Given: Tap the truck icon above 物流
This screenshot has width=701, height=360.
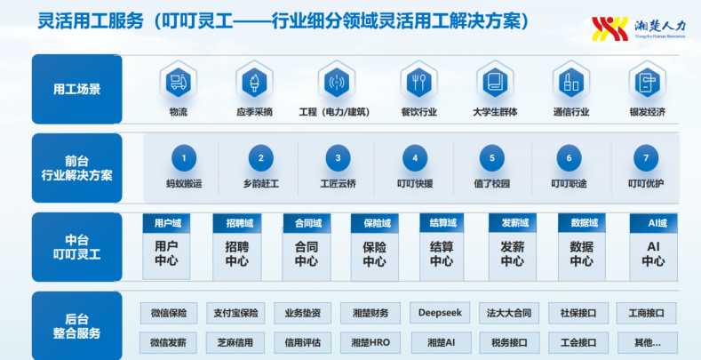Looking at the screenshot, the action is click(179, 83).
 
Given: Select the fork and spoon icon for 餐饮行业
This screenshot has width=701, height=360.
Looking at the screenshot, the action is click(418, 83).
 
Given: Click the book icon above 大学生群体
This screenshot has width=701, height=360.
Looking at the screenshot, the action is click(496, 83).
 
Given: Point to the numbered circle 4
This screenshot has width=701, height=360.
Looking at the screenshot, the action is click(415, 158).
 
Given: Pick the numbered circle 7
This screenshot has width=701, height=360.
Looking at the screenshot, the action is click(646, 158).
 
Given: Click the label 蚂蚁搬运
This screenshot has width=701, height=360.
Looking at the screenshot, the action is click(184, 184).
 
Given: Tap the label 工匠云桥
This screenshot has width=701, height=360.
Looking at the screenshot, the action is click(338, 184).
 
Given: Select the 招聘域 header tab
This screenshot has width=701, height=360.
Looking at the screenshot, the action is click(237, 223).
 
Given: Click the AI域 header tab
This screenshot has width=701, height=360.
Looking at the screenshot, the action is click(654, 223).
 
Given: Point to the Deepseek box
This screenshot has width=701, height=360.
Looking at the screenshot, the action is click(440, 313).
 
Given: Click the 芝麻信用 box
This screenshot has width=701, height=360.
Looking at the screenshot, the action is click(235, 342).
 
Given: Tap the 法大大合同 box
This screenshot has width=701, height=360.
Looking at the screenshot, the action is click(509, 313).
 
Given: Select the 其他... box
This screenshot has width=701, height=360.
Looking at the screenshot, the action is click(647, 342).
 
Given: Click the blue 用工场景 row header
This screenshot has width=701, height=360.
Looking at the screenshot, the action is click(77, 89).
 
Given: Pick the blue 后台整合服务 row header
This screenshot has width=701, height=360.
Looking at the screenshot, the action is click(77, 326).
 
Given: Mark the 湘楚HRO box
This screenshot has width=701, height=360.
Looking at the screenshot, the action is click(370, 342).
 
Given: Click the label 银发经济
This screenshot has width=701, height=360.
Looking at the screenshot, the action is click(648, 112).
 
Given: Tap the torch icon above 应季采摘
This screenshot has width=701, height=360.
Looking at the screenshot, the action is click(254, 83).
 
